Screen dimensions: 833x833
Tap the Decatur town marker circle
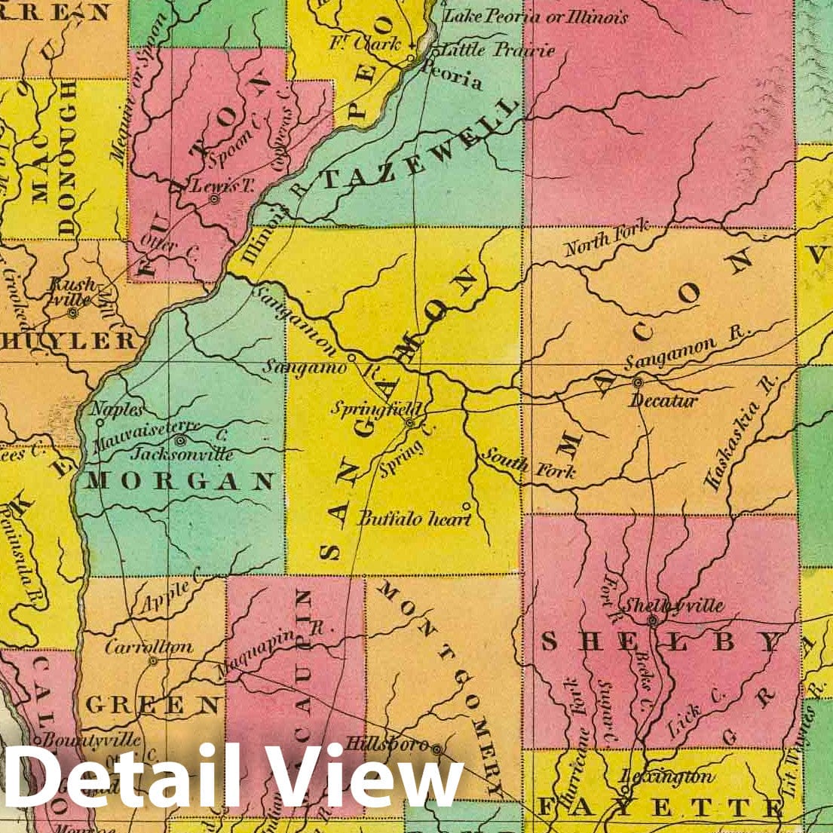coord(638,383)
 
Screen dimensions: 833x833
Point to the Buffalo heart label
coord(415,519)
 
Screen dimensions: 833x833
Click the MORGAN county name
coord(179,481)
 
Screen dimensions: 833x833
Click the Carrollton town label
coord(149,647)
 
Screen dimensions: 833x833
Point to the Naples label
coord(117,409)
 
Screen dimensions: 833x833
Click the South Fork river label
coord(528,464)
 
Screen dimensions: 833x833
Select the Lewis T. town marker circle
coord(214,200)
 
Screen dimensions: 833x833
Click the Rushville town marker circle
coord(72,312)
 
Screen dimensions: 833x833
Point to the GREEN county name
coord(152,705)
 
